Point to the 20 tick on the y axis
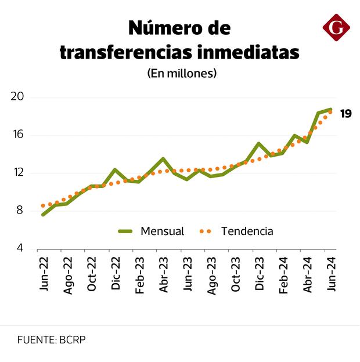click(x=17, y=97)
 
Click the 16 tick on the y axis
click(x=17, y=135)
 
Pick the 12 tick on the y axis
click(x=17, y=172)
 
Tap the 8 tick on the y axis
click(x=19, y=210)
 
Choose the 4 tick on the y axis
click(x=19, y=248)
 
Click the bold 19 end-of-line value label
click(x=345, y=114)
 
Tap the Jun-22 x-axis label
click(x=44, y=274)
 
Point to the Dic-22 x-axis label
click(x=116, y=274)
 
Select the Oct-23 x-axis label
click(x=235, y=274)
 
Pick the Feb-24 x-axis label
click(x=283, y=274)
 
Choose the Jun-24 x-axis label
click(x=331, y=274)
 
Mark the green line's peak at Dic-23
click(x=259, y=143)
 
